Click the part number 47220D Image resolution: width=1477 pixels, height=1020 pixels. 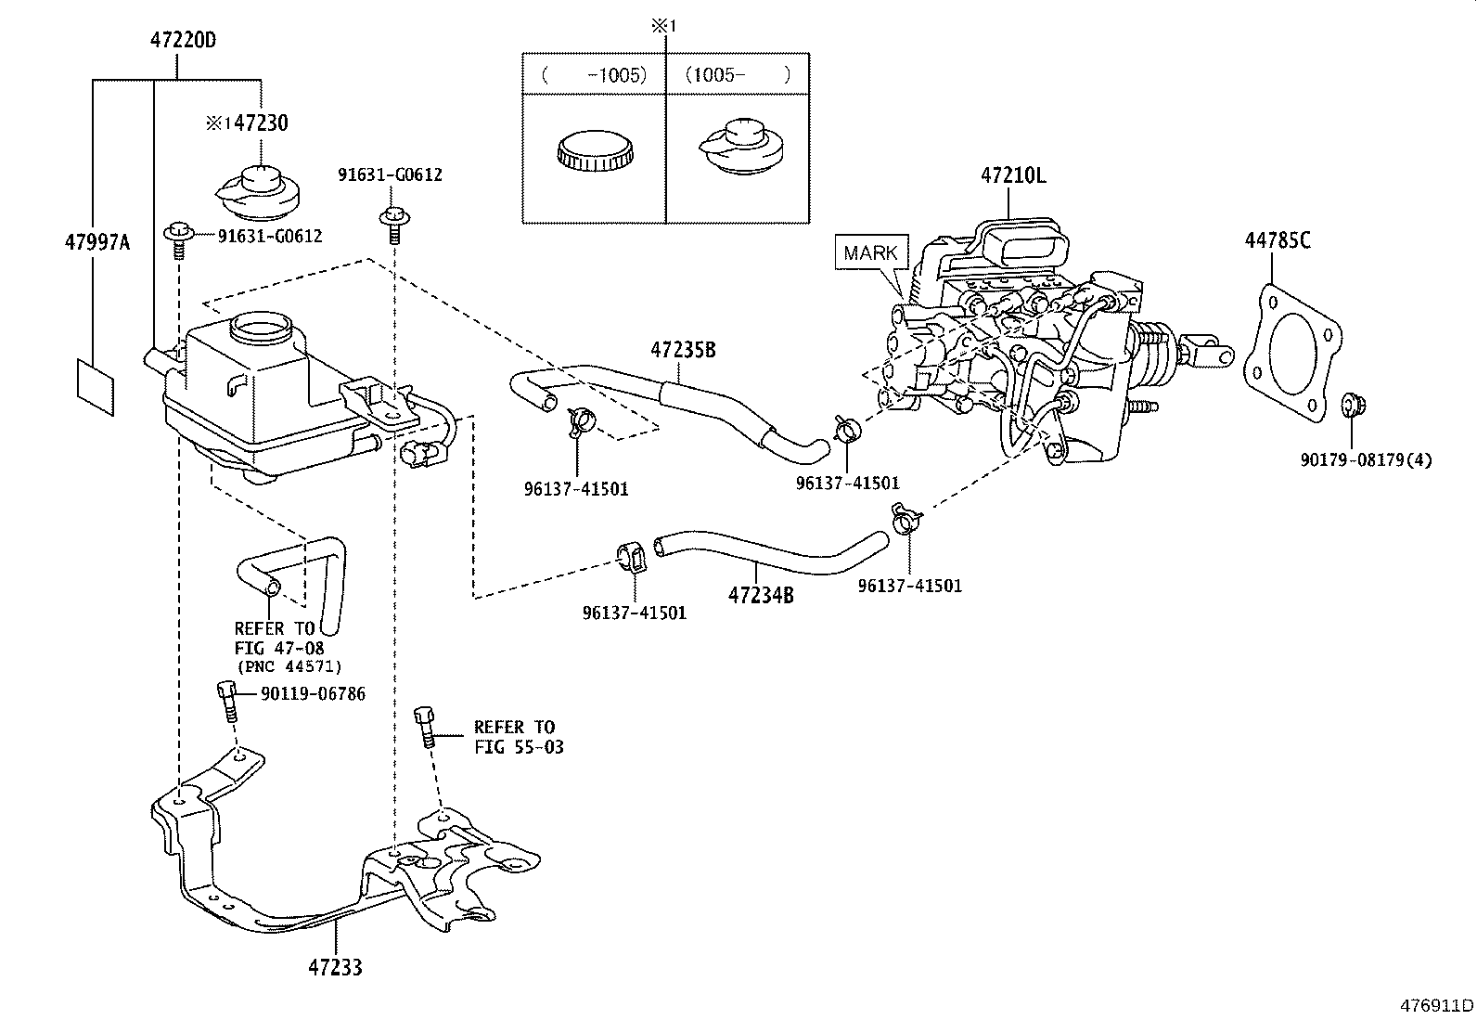(183, 40)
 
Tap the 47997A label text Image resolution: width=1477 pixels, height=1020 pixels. (97, 242)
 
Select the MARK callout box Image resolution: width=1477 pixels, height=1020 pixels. (871, 252)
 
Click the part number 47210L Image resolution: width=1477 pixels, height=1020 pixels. (1013, 175)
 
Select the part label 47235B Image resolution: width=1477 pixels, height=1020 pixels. (683, 350)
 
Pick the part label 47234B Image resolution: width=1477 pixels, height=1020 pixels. (761, 595)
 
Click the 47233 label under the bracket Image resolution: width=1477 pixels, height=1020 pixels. (335, 967)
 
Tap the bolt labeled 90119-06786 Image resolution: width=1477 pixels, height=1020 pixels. (226, 701)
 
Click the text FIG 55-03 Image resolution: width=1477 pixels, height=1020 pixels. (519, 747)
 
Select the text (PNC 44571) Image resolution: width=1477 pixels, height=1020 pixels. (289, 666)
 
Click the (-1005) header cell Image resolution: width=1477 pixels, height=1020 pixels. (594, 74)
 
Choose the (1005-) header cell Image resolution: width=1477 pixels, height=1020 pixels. (738, 74)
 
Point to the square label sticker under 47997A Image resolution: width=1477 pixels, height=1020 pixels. (96, 388)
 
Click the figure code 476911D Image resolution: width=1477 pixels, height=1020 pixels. (1437, 1005)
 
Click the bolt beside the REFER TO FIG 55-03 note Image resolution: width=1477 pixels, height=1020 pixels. (425, 727)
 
